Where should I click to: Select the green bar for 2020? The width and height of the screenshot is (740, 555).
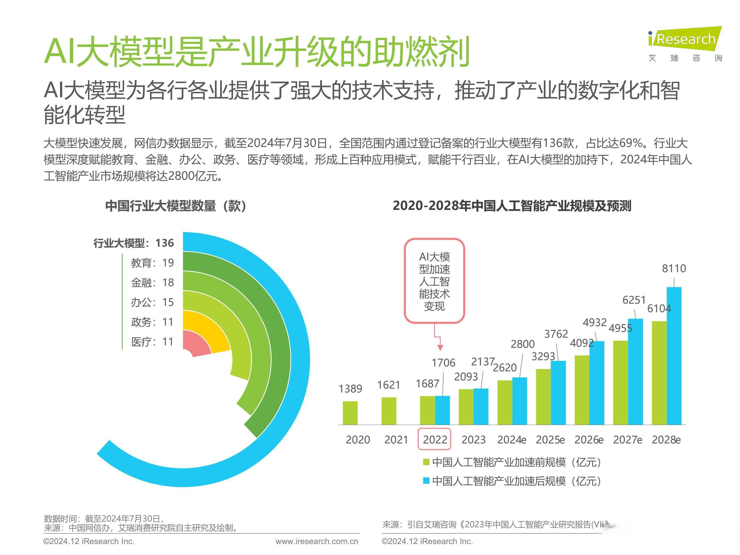point(350,413)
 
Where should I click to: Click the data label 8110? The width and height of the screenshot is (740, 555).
point(674,268)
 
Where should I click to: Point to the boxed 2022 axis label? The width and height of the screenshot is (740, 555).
point(435,439)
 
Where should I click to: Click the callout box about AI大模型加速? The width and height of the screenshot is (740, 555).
point(434,281)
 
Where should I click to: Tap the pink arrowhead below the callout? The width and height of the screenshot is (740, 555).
point(440,348)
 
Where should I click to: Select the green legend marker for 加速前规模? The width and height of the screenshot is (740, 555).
point(426,462)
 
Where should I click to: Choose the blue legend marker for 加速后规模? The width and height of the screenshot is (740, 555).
point(426,481)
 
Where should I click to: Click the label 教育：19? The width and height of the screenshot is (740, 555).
point(152,263)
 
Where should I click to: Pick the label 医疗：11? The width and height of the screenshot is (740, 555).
point(152,342)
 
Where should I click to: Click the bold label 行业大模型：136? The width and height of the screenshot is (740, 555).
point(133,243)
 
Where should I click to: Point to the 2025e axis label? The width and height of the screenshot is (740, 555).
point(550,440)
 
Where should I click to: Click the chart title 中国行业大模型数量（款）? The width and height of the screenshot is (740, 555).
point(176,206)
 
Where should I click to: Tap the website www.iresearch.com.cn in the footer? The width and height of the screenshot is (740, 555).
point(317,541)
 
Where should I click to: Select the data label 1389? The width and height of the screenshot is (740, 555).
point(350,389)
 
